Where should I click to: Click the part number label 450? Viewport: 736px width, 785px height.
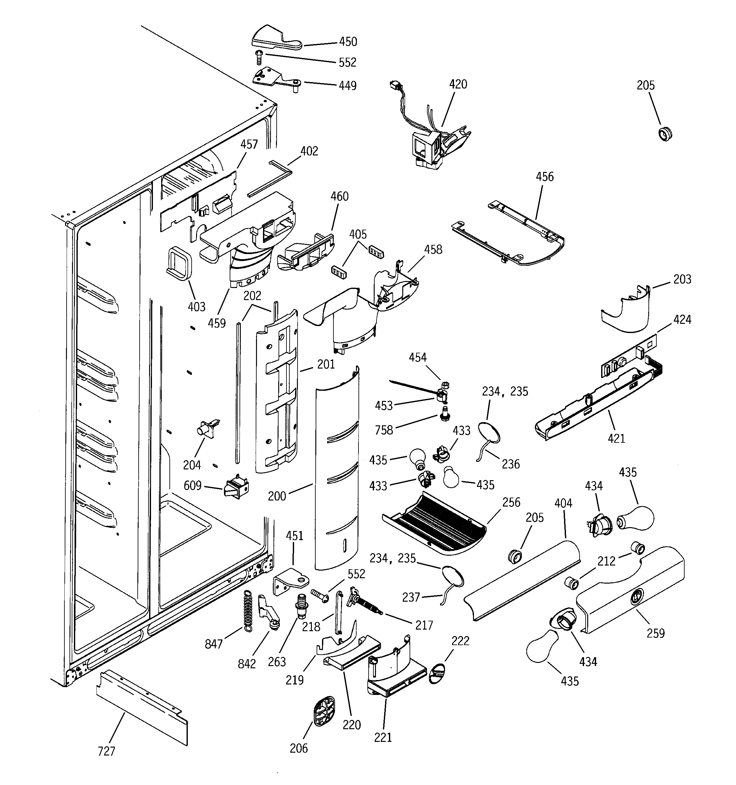(348, 42)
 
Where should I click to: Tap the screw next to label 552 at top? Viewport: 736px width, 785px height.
(259, 58)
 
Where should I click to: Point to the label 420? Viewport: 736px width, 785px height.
(458, 84)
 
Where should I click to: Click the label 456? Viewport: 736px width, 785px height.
(544, 177)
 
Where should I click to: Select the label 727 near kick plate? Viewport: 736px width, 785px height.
(106, 751)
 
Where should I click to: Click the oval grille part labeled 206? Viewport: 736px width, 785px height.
(324, 710)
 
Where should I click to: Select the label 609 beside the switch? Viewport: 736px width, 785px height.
(192, 485)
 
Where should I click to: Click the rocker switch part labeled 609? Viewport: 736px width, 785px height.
(236, 485)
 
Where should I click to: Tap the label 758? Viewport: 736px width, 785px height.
(384, 430)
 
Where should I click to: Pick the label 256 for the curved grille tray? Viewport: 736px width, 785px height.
(511, 502)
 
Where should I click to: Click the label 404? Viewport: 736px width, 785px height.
(563, 503)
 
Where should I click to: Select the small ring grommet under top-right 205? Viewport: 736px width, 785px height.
(665, 134)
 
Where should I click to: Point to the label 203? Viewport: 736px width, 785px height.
(682, 279)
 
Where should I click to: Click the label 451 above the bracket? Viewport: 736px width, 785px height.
(294, 536)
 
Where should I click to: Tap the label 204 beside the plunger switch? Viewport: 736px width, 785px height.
(192, 465)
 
